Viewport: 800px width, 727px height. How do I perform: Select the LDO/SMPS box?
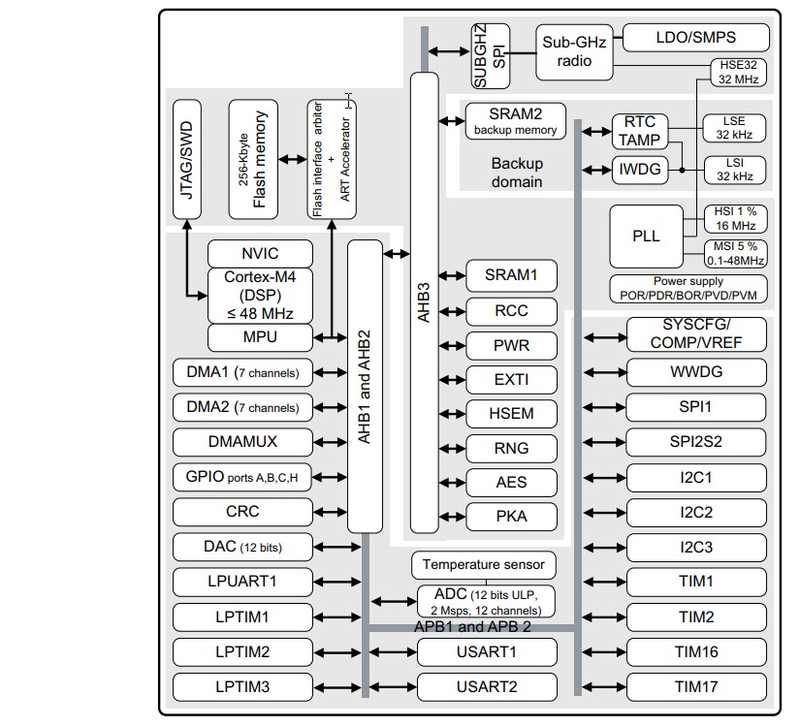695,38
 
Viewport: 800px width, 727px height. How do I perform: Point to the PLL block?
646,237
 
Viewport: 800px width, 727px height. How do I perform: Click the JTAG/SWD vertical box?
187,159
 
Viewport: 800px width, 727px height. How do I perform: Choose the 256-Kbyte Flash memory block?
253,159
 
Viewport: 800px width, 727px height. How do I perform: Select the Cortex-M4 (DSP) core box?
261,296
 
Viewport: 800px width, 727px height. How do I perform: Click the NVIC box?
261,254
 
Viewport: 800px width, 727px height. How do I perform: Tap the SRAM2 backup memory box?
515,120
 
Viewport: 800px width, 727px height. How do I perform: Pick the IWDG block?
639,170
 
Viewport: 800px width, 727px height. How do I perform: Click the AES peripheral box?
511,482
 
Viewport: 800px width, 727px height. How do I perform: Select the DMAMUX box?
242,442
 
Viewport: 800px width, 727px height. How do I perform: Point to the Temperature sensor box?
484,564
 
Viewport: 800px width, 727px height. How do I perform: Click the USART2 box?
487,686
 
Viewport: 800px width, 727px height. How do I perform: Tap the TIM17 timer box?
696,686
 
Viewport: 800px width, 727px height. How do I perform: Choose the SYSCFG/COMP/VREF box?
696,335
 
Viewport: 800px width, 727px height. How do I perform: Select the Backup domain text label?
516,173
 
